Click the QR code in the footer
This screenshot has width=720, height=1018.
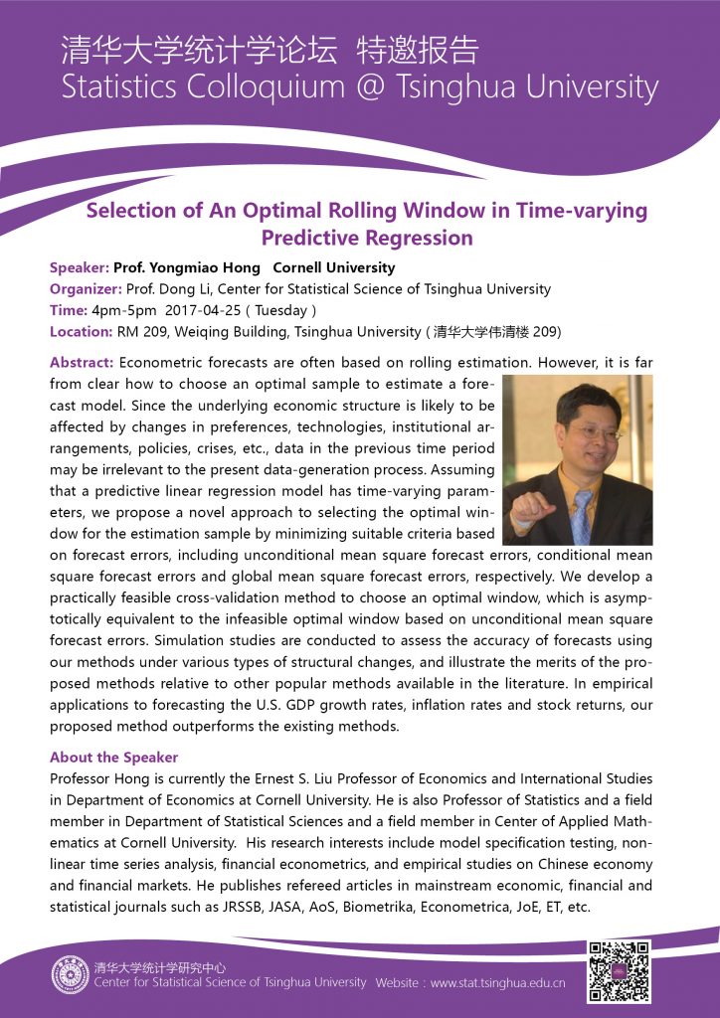[619, 970]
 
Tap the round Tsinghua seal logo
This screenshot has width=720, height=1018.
[71, 974]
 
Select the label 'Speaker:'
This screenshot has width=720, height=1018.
[79, 268]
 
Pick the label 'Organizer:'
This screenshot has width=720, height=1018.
[85, 289]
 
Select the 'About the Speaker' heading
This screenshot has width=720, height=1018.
[113, 758]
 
